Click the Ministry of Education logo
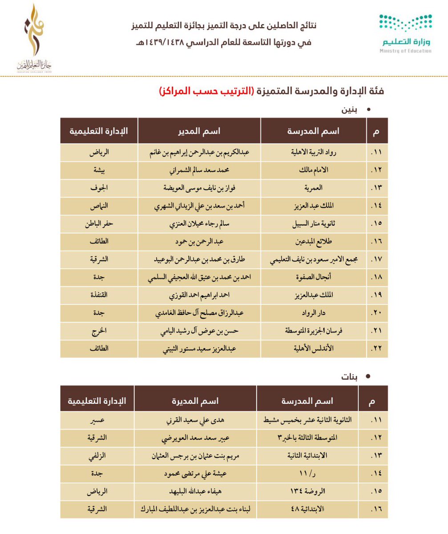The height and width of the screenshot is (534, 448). click(405, 33)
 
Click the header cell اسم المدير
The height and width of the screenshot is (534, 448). click(199, 131)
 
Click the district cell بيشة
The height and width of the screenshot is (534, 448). click(99, 170)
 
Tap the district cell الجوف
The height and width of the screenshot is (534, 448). click(99, 187)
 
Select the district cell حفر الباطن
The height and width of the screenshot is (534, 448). click(99, 223)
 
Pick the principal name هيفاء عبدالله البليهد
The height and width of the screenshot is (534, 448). click(195, 491)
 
